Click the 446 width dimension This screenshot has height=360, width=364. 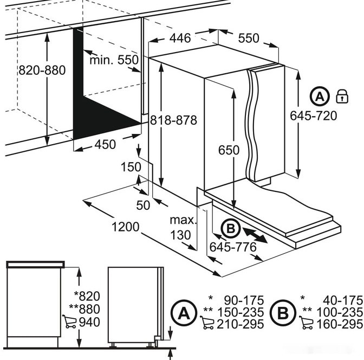point(180,38)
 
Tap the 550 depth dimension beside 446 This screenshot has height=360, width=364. point(249,38)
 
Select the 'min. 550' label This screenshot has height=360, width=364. point(114,60)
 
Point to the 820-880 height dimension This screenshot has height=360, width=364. point(42,70)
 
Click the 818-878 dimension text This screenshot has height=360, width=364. point(174,120)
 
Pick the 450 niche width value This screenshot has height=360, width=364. point(105,144)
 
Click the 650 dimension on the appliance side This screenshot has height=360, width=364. point(229,150)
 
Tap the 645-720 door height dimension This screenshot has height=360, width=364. point(314,115)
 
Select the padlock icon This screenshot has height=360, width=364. point(342,96)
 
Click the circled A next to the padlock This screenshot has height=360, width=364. point(320,96)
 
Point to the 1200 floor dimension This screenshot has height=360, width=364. point(126,227)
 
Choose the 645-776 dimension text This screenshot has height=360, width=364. point(233,247)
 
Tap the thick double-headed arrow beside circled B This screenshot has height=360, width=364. point(255,235)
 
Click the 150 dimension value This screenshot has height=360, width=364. point(131,167)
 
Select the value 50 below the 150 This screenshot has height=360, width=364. point(143,205)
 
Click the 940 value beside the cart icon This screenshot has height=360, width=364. point(89,322)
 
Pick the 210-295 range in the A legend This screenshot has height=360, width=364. point(240,324)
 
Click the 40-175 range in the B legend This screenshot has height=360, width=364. point(343,300)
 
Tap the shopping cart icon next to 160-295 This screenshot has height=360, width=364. point(306,323)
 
